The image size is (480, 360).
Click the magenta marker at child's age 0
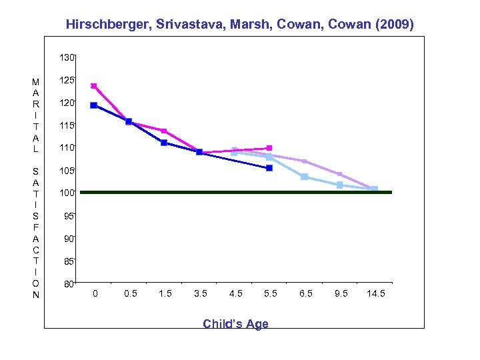(94, 85)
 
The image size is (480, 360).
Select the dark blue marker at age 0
(94, 105)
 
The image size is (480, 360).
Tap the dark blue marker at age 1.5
(164, 143)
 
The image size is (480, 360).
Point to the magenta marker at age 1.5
(164, 131)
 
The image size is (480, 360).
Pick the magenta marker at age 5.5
(269, 148)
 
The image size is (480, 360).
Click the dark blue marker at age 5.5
(269, 168)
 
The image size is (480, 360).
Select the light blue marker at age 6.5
(305, 177)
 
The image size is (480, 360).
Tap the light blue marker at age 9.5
(339, 185)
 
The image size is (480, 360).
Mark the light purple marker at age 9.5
(339, 174)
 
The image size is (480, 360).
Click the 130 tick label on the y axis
(65, 58)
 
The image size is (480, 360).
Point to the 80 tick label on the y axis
(67, 284)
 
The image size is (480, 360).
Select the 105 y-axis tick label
(65, 171)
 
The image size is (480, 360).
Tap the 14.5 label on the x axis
(375, 294)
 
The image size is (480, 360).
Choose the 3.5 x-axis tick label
(199, 294)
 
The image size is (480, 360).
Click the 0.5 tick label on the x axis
(129, 294)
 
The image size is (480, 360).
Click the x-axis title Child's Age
(235, 324)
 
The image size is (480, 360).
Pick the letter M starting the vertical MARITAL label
(35, 82)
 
